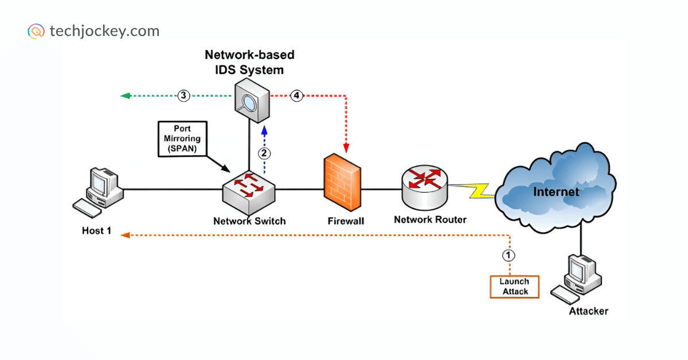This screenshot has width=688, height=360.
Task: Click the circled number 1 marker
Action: pyautogui.click(x=509, y=255)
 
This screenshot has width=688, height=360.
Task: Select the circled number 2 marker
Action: pyautogui.click(x=264, y=153)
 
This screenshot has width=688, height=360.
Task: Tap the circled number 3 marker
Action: pyautogui.click(x=183, y=96)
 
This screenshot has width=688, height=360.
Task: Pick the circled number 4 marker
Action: pyautogui.click(x=296, y=96)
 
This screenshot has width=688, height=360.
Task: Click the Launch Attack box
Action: pyautogui.click(x=514, y=287)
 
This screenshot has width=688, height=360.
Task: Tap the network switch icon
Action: pyautogui.click(x=249, y=190)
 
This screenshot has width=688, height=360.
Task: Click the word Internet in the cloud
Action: pyautogui.click(x=556, y=191)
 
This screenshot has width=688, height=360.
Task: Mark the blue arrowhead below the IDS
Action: pyautogui.click(x=264, y=130)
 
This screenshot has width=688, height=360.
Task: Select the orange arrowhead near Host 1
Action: pyautogui.click(x=124, y=234)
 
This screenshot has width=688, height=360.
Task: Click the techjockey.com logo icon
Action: pyautogui.click(x=36, y=31)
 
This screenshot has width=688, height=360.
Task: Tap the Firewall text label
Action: pyautogui.click(x=346, y=221)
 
